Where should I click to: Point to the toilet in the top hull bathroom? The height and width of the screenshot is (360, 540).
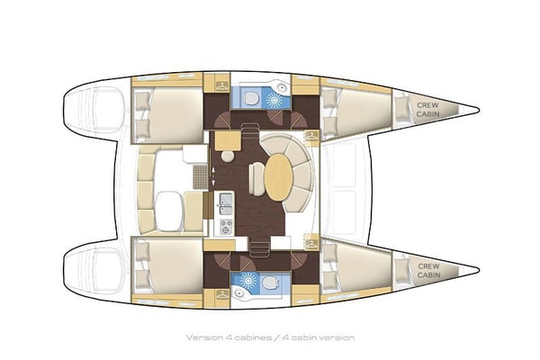254,94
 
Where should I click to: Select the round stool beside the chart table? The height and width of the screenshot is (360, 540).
228,156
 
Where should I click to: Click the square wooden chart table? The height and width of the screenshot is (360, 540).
224,139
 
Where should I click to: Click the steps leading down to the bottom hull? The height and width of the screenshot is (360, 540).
261,245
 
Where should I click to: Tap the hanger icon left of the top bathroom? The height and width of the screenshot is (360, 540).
220,85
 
